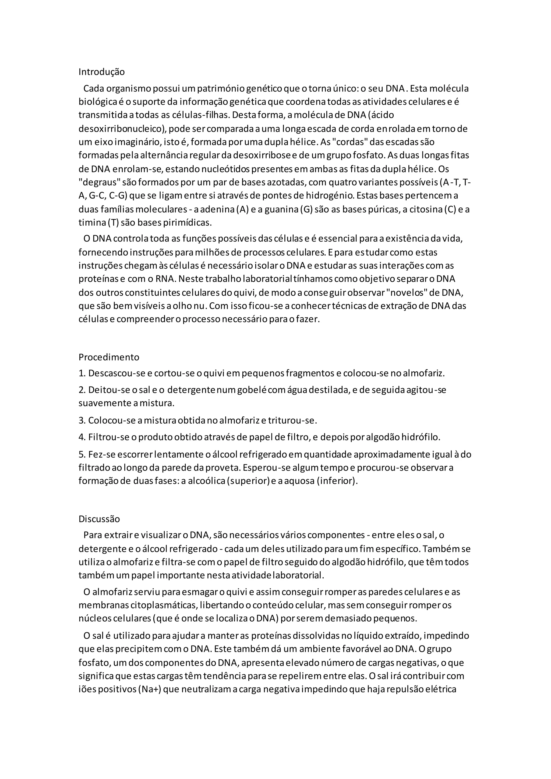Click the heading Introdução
coord(101,72)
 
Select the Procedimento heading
coord(109,357)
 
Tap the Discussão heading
coord(99,519)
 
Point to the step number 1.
coord(82,374)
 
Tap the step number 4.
coord(82,437)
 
